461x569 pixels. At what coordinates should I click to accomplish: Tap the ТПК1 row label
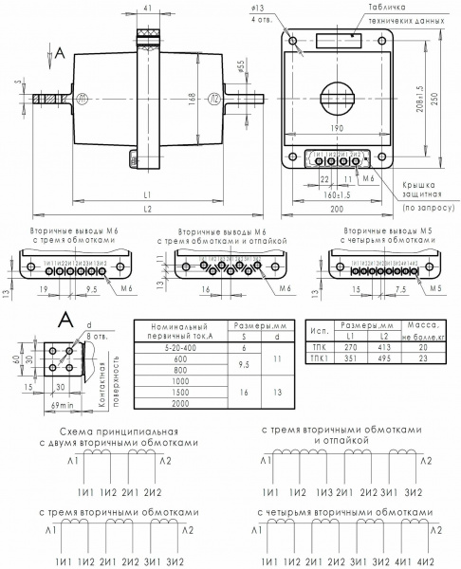pyautogui.click(x=320, y=358)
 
